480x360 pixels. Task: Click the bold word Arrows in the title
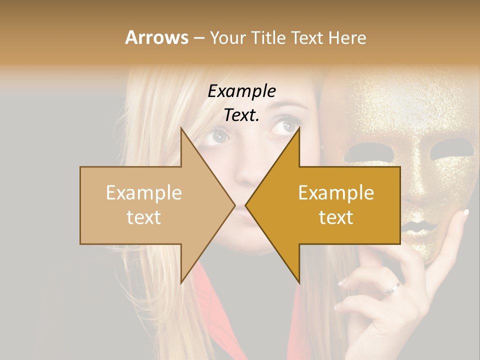(x=156, y=37)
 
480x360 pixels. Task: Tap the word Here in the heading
(x=347, y=37)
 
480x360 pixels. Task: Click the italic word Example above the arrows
(x=241, y=91)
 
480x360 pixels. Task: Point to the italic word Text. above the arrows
(x=241, y=115)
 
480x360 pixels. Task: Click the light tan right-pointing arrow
(x=150, y=205)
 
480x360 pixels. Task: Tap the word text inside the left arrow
(x=143, y=217)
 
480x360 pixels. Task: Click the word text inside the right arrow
(x=336, y=217)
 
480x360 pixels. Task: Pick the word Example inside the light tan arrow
(x=143, y=193)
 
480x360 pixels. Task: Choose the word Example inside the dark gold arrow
(x=336, y=193)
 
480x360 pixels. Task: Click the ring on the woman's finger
(x=391, y=288)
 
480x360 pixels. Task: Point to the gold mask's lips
(x=418, y=227)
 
